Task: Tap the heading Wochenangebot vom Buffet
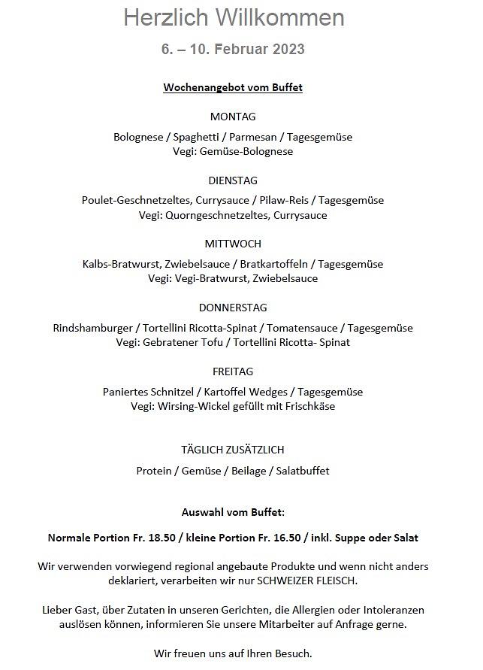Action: pyautogui.click(x=233, y=88)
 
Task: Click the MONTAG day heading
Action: pyautogui.click(x=233, y=117)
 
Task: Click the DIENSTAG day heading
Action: pyautogui.click(x=233, y=180)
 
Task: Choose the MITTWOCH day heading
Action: pyautogui.click(x=233, y=244)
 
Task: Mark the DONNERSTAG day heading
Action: pyautogui.click(x=233, y=308)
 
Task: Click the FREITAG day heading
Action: pyautogui.click(x=233, y=371)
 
